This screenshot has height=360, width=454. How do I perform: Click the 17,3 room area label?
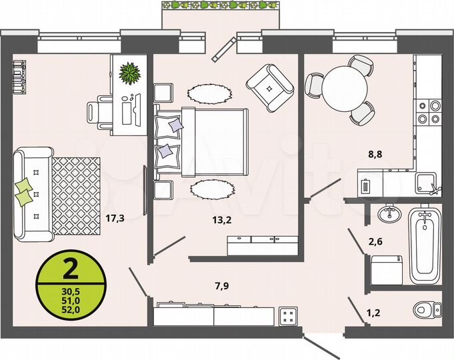[x=115, y=217]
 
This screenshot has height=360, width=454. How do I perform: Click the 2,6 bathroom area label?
[x=376, y=243]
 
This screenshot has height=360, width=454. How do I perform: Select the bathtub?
[x=424, y=245]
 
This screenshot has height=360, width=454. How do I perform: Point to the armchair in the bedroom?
[x=270, y=86]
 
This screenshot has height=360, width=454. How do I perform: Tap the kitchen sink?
[x=425, y=181]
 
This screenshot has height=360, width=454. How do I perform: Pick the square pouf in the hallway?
[x=289, y=315]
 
